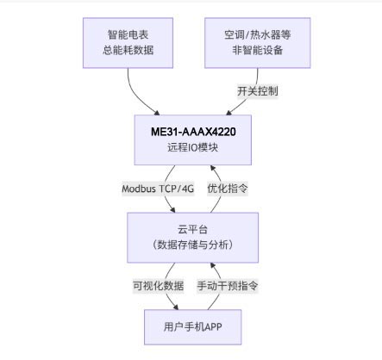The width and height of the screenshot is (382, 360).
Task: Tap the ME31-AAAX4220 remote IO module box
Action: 193,139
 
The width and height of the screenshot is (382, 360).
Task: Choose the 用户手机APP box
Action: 193,328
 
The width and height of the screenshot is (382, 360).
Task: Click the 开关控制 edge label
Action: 257,90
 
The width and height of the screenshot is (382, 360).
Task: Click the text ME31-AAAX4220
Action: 193,131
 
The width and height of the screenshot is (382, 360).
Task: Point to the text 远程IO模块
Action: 193,147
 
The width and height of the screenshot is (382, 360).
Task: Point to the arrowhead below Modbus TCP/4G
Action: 178,210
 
